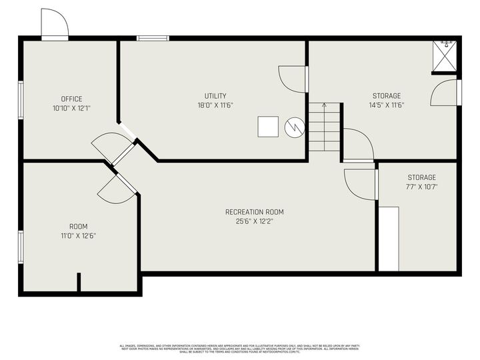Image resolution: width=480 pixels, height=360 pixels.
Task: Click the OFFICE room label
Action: [x=71, y=99]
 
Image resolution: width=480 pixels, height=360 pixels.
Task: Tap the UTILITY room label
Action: [x=215, y=95]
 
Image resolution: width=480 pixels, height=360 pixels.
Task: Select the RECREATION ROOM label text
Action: [x=259, y=212]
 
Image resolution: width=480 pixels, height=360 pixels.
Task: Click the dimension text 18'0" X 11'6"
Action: [x=215, y=105]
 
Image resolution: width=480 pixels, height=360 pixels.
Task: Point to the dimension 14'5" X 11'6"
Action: [x=387, y=105]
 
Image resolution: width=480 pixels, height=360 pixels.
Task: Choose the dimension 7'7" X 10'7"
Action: [x=421, y=187]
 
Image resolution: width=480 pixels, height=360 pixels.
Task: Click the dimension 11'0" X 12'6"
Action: [x=78, y=235]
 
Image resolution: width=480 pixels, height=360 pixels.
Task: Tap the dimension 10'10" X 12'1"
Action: [x=71, y=108]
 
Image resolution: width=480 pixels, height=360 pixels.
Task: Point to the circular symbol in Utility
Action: [x=293, y=127]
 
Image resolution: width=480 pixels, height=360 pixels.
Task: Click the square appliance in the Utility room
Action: [x=269, y=127]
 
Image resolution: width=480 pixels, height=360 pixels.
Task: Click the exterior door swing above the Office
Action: [x=55, y=25]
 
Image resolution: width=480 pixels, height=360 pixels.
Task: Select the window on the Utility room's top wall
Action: [x=153, y=38]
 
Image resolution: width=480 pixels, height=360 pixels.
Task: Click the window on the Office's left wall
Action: [x=21, y=101]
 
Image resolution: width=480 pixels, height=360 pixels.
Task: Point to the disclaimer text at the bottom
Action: [x=239, y=348]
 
